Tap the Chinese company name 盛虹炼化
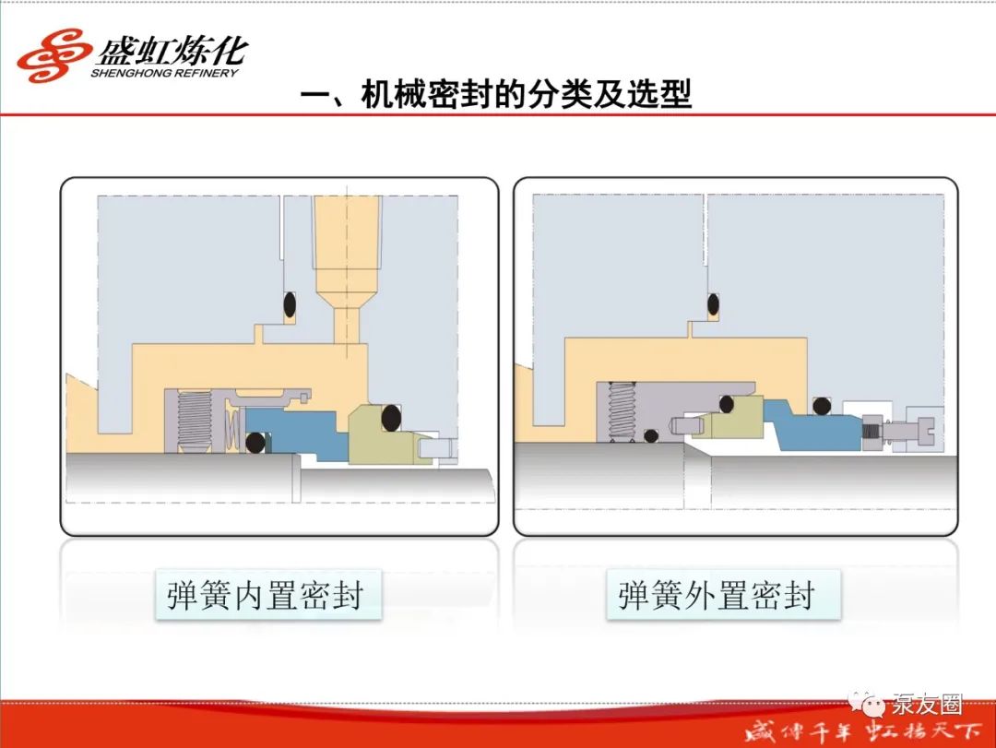coord(172,50)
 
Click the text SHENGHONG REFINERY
coord(164,73)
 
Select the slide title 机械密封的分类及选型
coord(526,95)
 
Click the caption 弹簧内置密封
coord(265,596)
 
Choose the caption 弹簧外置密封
coord(717,596)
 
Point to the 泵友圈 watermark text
coord(927,704)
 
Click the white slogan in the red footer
coord(863,731)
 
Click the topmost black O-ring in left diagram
coord(289,304)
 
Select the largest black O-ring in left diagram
coord(391,418)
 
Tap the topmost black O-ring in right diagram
coord(713,304)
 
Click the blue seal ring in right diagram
coord(814,424)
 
